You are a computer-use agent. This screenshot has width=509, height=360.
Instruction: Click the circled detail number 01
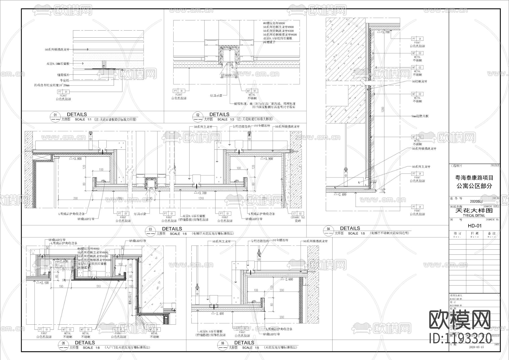(55, 115)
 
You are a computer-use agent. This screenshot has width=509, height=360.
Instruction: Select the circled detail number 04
(329, 229)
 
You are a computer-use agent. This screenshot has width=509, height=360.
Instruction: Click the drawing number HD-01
(475, 226)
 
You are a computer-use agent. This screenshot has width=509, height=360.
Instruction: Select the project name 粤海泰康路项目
(474, 178)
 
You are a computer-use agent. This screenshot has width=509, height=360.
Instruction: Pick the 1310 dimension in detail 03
(201, 198)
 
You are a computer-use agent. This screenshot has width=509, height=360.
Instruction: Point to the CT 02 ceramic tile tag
(298, 214)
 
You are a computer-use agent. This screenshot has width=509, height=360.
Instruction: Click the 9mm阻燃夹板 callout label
(420, 116)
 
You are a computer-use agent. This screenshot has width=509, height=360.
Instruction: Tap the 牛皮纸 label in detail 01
(65, 80)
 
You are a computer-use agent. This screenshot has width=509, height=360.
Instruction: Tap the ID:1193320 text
(460, 338)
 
